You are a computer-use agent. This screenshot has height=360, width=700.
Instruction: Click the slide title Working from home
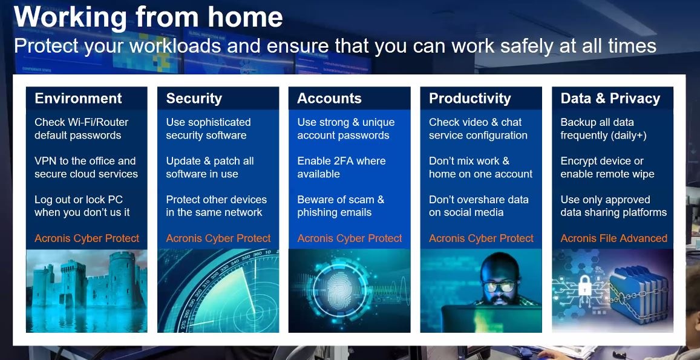point(148,17)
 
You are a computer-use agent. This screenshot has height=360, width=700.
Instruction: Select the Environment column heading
point(78,98)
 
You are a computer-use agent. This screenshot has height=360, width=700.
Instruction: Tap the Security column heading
point(194,98)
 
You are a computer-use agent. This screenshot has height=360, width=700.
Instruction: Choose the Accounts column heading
point(329,98)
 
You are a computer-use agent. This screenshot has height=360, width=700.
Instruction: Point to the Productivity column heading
point(469,98)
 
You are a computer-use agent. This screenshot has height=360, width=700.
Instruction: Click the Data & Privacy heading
point(610,98)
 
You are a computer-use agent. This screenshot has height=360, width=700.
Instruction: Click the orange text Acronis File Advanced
point(614,238)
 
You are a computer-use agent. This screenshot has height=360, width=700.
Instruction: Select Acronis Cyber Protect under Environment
point(87,238)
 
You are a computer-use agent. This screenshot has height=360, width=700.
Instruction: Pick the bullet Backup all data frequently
point(604,129)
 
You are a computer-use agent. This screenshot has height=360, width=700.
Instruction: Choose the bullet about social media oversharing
point(479,206)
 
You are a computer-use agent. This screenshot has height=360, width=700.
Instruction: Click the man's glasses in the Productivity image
point(498,286)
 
